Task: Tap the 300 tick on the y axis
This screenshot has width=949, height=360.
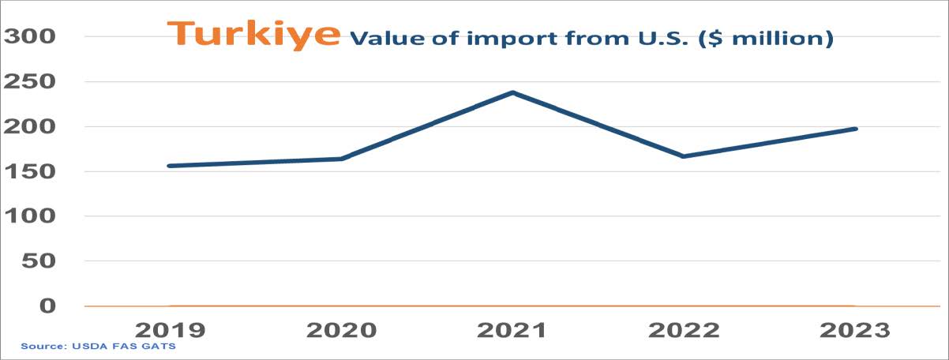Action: tap(32, 36)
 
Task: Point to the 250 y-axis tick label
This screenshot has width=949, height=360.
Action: tap(32, 81)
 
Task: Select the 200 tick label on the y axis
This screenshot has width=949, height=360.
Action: tap(32, 126)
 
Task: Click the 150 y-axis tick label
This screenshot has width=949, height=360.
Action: tap(32, 171)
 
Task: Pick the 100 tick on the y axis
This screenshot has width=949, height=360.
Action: tap(32, 216)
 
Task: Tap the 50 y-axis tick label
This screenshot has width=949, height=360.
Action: tap(39, 261)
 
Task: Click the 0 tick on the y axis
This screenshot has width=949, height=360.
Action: tap(49, 306)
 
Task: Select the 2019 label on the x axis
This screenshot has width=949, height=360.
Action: tap(171, 330)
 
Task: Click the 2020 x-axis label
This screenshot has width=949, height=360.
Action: tap(342, 330)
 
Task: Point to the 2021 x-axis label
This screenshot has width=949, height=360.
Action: tap(512, 330)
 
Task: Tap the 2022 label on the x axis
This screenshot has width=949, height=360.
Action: tap(684, 330)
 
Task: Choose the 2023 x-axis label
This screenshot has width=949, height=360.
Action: tap(855, 330)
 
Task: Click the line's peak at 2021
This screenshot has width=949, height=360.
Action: tap(512, 92)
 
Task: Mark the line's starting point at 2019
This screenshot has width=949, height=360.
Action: tap(171, 166)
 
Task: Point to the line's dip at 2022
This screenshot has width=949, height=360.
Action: tap(684, 156)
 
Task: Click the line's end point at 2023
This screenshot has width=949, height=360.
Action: tap(855, 129)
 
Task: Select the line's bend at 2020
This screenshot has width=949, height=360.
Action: tap(342, 159)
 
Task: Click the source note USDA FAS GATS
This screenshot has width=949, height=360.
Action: tap(98, 347)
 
